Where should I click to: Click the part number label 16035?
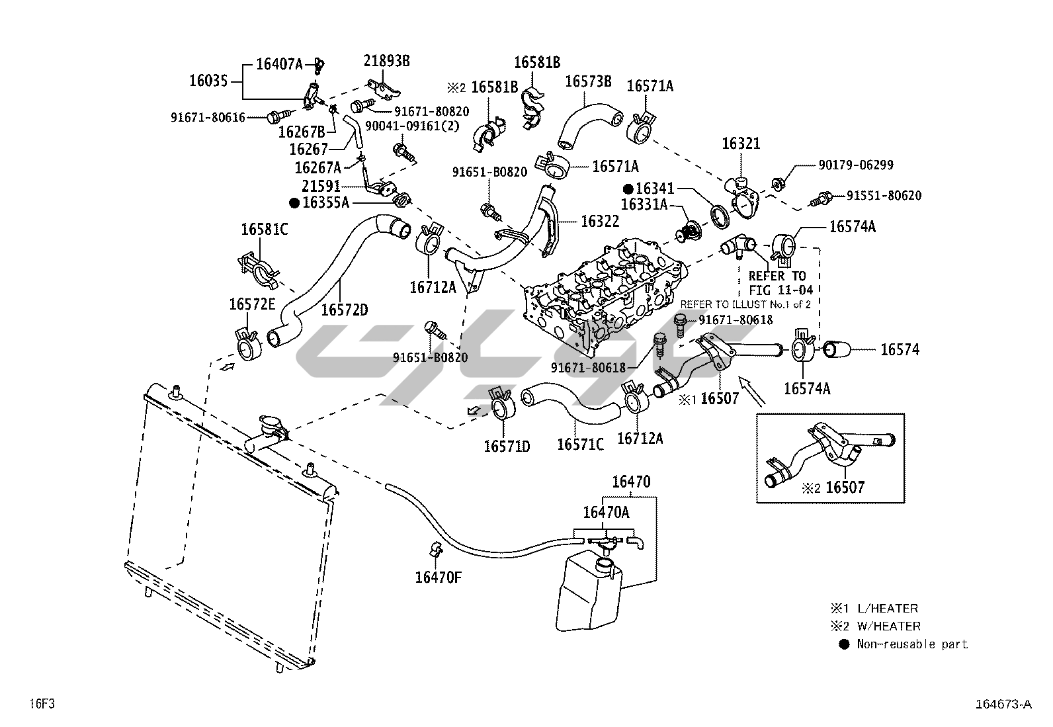click(208, 81)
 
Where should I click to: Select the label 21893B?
click(387, 61)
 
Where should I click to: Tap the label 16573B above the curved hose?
click(588, 81)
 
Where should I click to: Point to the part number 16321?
click(741, 144)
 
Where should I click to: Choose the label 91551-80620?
click(884, 196)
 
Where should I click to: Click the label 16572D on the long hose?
click(345, 309)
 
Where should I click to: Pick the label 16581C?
click(265, 230)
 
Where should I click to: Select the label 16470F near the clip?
click(438, 577)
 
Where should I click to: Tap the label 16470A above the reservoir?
click(606, 512)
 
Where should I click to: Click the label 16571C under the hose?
click(580, 445)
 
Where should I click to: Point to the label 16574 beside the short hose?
click(900, 350)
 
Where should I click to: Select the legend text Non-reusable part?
click(912, 644)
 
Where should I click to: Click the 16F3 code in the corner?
click(40, 704)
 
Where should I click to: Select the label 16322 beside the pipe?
click(600, 222)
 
